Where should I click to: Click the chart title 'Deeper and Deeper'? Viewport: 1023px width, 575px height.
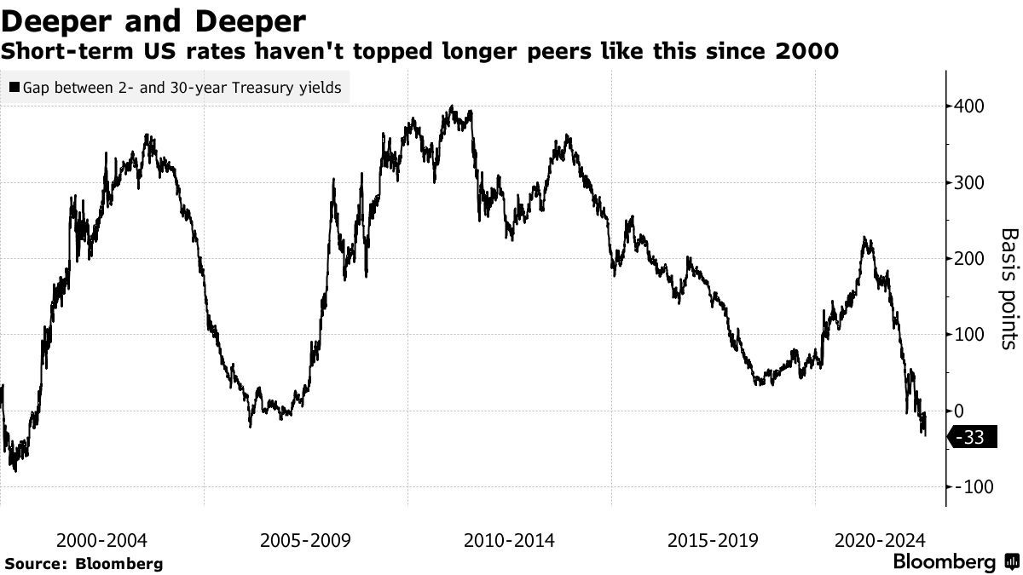click(154, 19)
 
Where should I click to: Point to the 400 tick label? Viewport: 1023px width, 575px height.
click(973, 106)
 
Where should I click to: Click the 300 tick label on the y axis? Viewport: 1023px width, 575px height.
click(973, 183)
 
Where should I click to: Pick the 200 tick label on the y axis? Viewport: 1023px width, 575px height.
click(973, 259)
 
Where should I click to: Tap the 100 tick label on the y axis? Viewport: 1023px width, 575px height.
click(973, 335)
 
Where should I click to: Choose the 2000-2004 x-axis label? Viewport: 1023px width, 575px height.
click(101, 540)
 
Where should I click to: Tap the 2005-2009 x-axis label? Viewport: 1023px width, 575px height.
click(305, 540)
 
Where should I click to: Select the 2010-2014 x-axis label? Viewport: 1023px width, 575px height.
click(509, 540)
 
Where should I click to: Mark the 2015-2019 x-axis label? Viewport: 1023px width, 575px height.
click(713, 540)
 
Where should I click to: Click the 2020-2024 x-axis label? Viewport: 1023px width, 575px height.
click(880, 540)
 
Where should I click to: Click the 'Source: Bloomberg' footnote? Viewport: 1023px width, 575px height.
click(83, 563)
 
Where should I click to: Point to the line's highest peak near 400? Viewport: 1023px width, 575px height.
click(452, 107)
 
